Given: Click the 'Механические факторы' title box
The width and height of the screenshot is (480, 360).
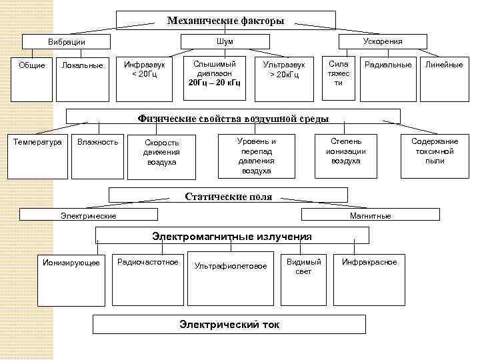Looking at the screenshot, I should click(225, 21).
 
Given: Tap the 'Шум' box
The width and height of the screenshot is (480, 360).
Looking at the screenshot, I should click(225, 42).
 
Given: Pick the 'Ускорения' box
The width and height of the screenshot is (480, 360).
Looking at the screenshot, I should click(382, 41).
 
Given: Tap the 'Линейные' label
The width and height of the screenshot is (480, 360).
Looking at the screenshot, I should click(444, 65).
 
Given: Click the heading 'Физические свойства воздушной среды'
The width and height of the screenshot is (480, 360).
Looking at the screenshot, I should click(233, 118).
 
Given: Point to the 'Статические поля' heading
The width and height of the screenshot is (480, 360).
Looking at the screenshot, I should click(228, 196).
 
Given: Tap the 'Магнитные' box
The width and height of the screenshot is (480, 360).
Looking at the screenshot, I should click(370, 215).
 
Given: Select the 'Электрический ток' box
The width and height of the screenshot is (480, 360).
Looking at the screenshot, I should click(229, 325).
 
